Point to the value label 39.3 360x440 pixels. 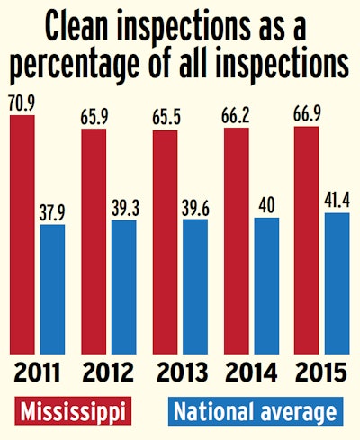124,208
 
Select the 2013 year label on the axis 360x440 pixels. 180,372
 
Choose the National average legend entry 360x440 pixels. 256,411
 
